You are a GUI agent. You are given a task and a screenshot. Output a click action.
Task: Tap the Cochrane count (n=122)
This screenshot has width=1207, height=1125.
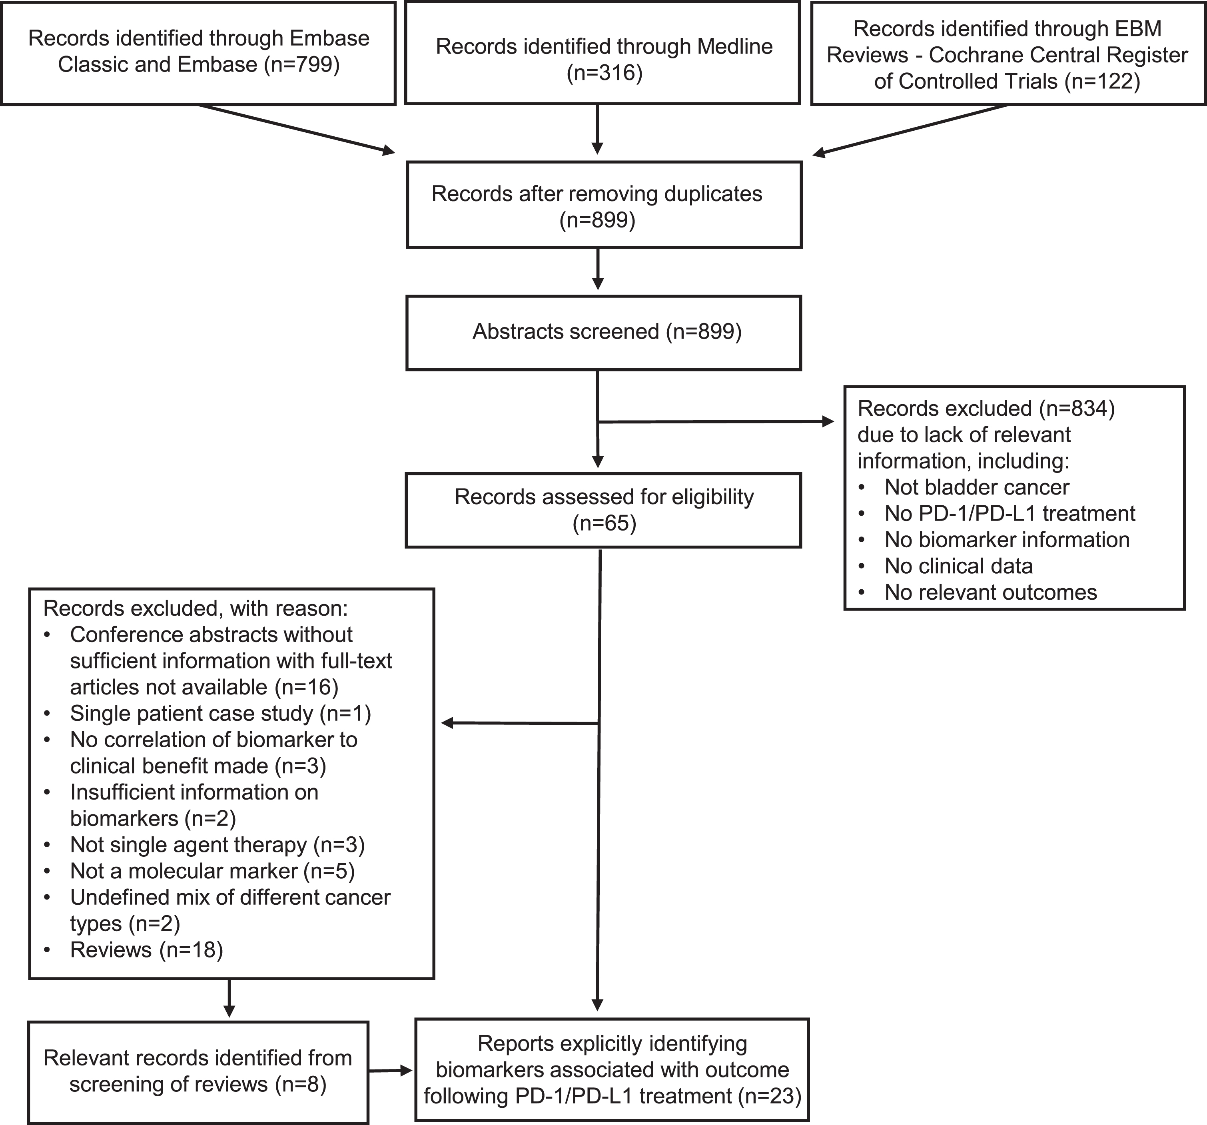click(1102, 81)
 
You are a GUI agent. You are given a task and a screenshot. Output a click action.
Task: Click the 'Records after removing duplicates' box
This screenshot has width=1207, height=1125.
click(604, 205)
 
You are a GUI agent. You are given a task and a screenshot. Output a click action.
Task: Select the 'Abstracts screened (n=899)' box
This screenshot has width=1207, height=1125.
click(604, 333)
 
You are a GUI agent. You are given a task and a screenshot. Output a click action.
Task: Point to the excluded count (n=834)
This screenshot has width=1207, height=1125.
click(1076, 409)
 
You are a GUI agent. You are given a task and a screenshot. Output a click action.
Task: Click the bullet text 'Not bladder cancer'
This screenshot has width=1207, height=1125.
click(977, 487)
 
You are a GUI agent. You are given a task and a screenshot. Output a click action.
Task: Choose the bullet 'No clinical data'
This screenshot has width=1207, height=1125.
click(959, 566)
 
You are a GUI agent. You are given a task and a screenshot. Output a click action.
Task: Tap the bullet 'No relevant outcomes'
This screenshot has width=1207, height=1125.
click(991, 592)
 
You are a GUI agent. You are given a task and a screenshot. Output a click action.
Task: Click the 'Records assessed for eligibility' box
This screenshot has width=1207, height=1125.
click(604, 510)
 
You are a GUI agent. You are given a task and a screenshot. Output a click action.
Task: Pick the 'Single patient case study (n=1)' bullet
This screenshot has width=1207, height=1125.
click(220, 713)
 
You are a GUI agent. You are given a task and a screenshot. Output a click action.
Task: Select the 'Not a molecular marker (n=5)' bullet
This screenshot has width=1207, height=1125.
click(213, 871)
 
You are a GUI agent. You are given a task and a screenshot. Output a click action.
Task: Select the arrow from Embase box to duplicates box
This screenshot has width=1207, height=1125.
click(296, 129)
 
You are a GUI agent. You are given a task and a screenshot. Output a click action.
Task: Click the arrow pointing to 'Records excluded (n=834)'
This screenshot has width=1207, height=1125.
click(716, 421)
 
